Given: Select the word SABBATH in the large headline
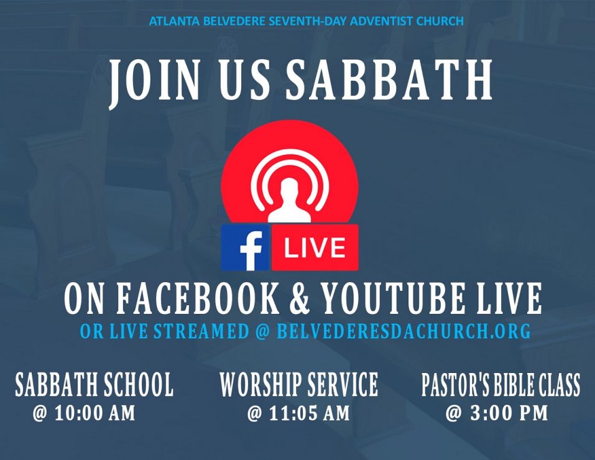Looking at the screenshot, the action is [x=389, y=80].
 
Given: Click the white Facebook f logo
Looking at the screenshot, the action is [x=251, y=251].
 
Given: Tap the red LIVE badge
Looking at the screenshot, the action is [x=315, y=247].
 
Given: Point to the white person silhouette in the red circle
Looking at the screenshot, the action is [x=290, y=201].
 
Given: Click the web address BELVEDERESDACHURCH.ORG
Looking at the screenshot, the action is [x=404, y=331].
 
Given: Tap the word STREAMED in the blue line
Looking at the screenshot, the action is [x=201, y=331].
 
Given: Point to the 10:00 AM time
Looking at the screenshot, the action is [x=95, y=413].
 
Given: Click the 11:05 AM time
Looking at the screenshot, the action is [x=309, y=413].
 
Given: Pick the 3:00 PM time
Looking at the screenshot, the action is [x=509, y=413].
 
